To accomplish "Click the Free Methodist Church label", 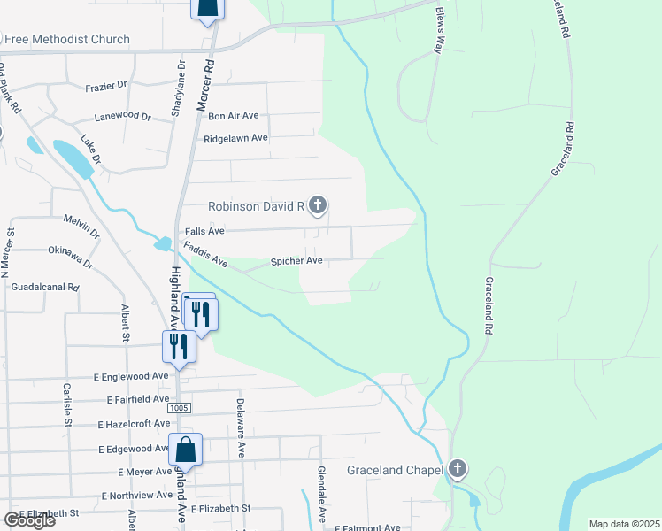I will click(66, 39).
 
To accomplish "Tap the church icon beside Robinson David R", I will click(318, 206).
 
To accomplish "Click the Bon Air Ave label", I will click(233, 115).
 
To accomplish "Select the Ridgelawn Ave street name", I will click(235, 138).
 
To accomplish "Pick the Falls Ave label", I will click(204, 231).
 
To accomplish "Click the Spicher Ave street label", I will click(296, 261).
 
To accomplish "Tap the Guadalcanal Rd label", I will click(46, 288).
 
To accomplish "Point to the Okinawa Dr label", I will click(72, 258).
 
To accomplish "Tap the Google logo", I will click(29, 520).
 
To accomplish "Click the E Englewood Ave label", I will click(131, 376).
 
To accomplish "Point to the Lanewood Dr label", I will click(123, 116).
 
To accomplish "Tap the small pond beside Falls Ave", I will click(163, 243).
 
